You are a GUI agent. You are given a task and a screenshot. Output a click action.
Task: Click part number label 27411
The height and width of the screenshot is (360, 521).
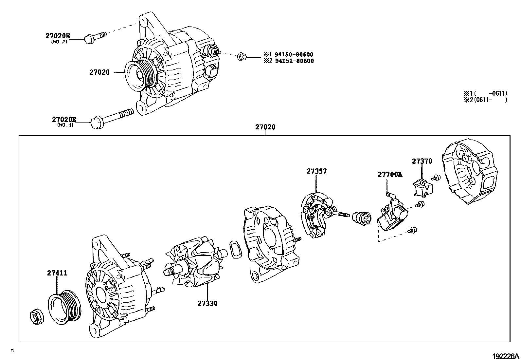57,273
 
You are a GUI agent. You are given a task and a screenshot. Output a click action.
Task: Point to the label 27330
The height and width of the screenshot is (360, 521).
207,303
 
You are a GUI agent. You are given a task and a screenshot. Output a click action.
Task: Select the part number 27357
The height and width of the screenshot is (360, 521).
316,171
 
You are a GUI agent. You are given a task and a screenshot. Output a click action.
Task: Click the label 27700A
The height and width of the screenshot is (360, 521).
390,175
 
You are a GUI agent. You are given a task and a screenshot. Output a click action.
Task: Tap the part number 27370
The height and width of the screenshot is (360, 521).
422,161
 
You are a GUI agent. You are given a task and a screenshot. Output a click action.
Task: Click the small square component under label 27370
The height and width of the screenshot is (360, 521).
422,189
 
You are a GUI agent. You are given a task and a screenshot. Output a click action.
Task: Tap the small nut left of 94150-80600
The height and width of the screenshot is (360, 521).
242,57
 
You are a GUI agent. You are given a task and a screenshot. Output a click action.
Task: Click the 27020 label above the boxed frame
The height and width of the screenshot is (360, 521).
265,127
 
